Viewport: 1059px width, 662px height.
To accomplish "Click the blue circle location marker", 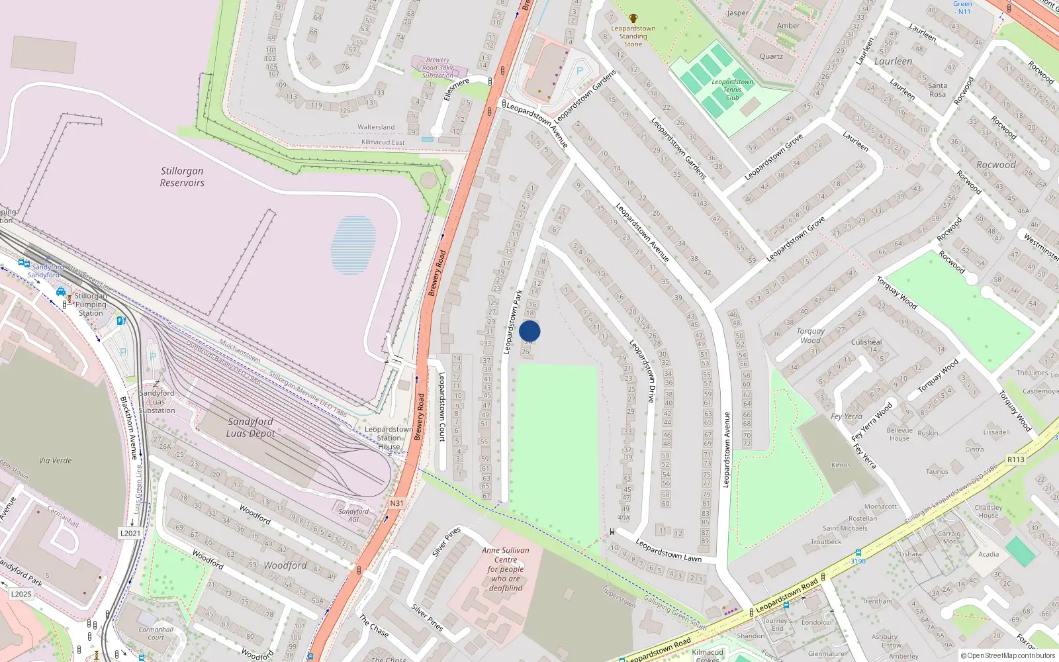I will pyautogui.click(x=529, y=332).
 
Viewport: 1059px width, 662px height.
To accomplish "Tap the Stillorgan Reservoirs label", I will pyautogui.click(x=182, y=177).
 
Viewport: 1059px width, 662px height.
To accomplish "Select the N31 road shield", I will pyautogui.click(x=396, y=503).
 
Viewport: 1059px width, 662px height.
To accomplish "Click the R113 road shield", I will pyautogui.click(x=1015, y=459).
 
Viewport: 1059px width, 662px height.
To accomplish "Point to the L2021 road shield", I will pyautogui.click(x=130, y=533).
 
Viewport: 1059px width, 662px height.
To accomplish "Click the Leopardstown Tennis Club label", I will pyautogui.click(x=732, y=89).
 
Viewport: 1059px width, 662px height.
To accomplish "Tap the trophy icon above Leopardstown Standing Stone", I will pyautogui.click(x=633, y=19).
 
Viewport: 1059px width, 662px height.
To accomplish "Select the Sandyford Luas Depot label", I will pyautogui.click(x=250, y=427).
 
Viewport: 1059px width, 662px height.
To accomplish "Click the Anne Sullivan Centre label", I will pyautogui.click(x=506, y=569).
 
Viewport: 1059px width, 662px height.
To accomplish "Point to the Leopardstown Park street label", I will pyautogui.click(x=513, y=322).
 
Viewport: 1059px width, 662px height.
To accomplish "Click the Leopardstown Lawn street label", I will pyautogui.click(x=668, y=550).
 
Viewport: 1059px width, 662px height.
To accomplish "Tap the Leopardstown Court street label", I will pyautogui.click(x=442, y=406).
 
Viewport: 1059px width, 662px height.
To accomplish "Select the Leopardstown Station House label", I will pyautogui.click(x=389, y=438).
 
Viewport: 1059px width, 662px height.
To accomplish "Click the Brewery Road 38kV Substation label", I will pyautogui.click(x=437, y=68).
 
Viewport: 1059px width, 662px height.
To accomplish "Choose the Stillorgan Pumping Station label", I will pyautogui.click(x=91, y=305).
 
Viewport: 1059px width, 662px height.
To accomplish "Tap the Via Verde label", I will pyautogui.click(x=56, y=460).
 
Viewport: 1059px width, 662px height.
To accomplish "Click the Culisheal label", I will pyautogui.click(x=866, y=342).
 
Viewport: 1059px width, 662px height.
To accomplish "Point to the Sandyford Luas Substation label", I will pyautogui.click(x=157, y=402).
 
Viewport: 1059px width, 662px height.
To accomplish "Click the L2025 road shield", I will pyautogui.click(x=21, y=594).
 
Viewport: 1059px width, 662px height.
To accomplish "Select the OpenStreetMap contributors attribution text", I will pyautogui.click(x=1008, y=655).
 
